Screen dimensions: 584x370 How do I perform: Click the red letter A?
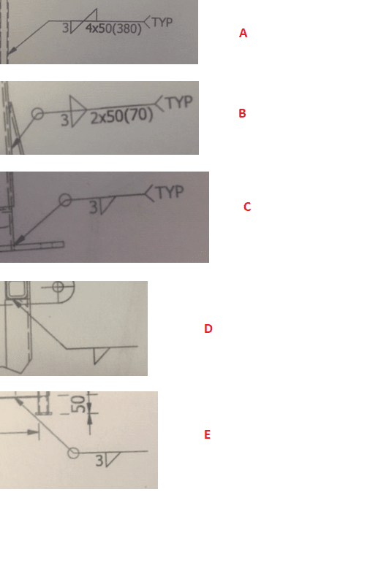pos(243,34)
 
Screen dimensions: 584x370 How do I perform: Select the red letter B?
pos(242,114)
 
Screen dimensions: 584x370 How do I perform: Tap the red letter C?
pos(247,207)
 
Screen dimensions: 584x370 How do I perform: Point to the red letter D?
pos(208,329)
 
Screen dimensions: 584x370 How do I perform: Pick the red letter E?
pos(207,435)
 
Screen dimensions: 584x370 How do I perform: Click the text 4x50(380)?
pos(113,29)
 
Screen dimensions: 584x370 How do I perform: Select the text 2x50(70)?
pos(121,117)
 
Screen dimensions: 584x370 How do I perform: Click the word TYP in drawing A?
pos(162,22)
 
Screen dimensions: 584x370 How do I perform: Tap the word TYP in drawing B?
pos(179,103)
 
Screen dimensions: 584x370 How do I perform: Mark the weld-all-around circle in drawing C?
pos(65,199)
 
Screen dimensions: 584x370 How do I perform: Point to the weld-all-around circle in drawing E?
pos(73,453)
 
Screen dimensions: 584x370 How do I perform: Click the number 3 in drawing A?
pos(67,29)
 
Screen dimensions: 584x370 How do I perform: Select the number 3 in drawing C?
pos(93,207)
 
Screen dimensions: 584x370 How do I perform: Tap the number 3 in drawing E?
pos(99,461)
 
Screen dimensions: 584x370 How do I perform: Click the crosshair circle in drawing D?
pos(59,287)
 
